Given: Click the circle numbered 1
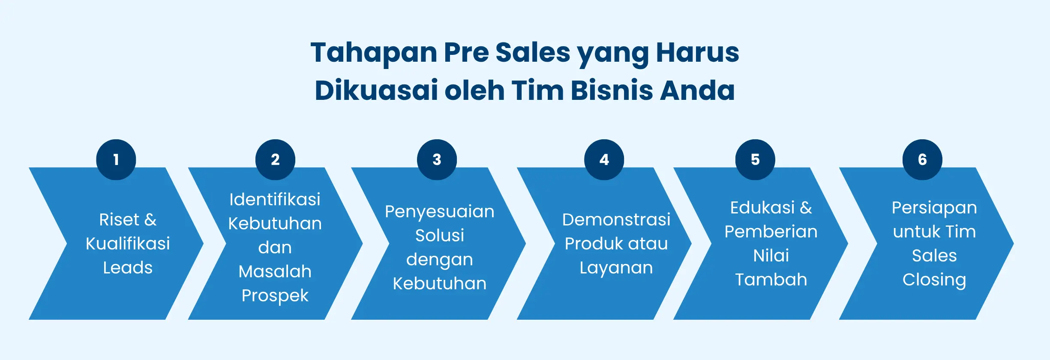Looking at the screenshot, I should coord(116,159).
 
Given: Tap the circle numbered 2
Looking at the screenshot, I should coord(275,159).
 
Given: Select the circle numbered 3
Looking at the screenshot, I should coord(437,159).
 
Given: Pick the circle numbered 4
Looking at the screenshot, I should coord(604,159).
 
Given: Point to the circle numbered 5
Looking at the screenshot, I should coord(755,159).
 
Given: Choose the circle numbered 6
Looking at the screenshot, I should coord(922,159).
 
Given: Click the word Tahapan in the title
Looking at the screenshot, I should coord(374,52).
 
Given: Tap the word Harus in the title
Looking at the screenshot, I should coord(698,52).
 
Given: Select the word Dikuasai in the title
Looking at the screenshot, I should coord(376,90).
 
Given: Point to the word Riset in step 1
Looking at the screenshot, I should coord(119,219).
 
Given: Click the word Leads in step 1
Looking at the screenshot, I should coord(128,267).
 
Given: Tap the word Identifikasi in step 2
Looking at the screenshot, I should coord(275,199).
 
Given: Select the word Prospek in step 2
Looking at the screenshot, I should coord(275,296).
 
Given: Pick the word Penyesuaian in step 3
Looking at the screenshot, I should coord(440,211).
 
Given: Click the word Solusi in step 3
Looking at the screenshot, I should coord(440,235).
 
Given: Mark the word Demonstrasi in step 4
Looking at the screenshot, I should coord(616,219).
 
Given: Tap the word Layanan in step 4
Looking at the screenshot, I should coord(616,268).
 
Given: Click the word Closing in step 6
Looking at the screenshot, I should coord(934,280).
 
